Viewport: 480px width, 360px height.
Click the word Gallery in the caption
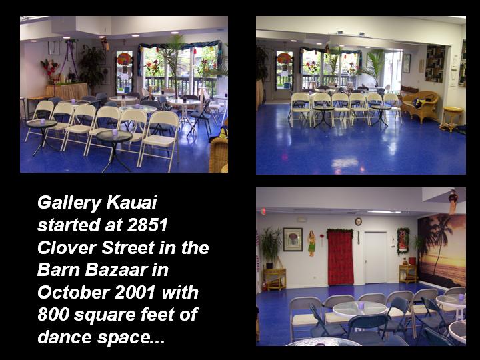click(69, 203)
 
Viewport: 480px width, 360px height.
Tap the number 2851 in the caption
click(147, 225)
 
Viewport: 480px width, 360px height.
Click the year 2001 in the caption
click(135, 293)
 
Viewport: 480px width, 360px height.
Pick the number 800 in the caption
click(53, 315)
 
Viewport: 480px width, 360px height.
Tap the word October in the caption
click(73, 293)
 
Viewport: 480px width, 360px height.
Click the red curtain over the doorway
click(340, 257)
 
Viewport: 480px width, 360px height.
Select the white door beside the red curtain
click(375, 257)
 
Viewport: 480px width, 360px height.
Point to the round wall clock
click(359, 221)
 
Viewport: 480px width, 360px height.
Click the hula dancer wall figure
click(311, 243)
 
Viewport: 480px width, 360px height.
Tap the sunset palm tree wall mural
click(442, 251)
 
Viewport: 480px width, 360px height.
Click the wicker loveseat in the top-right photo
click(420, 105)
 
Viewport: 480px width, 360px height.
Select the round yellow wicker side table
click(452, 118)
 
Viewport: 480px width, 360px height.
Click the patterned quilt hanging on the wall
click(435, 64)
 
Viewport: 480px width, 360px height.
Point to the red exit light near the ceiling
click(263, 211)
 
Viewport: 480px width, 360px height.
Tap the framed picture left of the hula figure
click(293, 239)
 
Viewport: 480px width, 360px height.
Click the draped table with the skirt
click(67, 91)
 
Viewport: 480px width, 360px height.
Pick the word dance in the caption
click(65, 337)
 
